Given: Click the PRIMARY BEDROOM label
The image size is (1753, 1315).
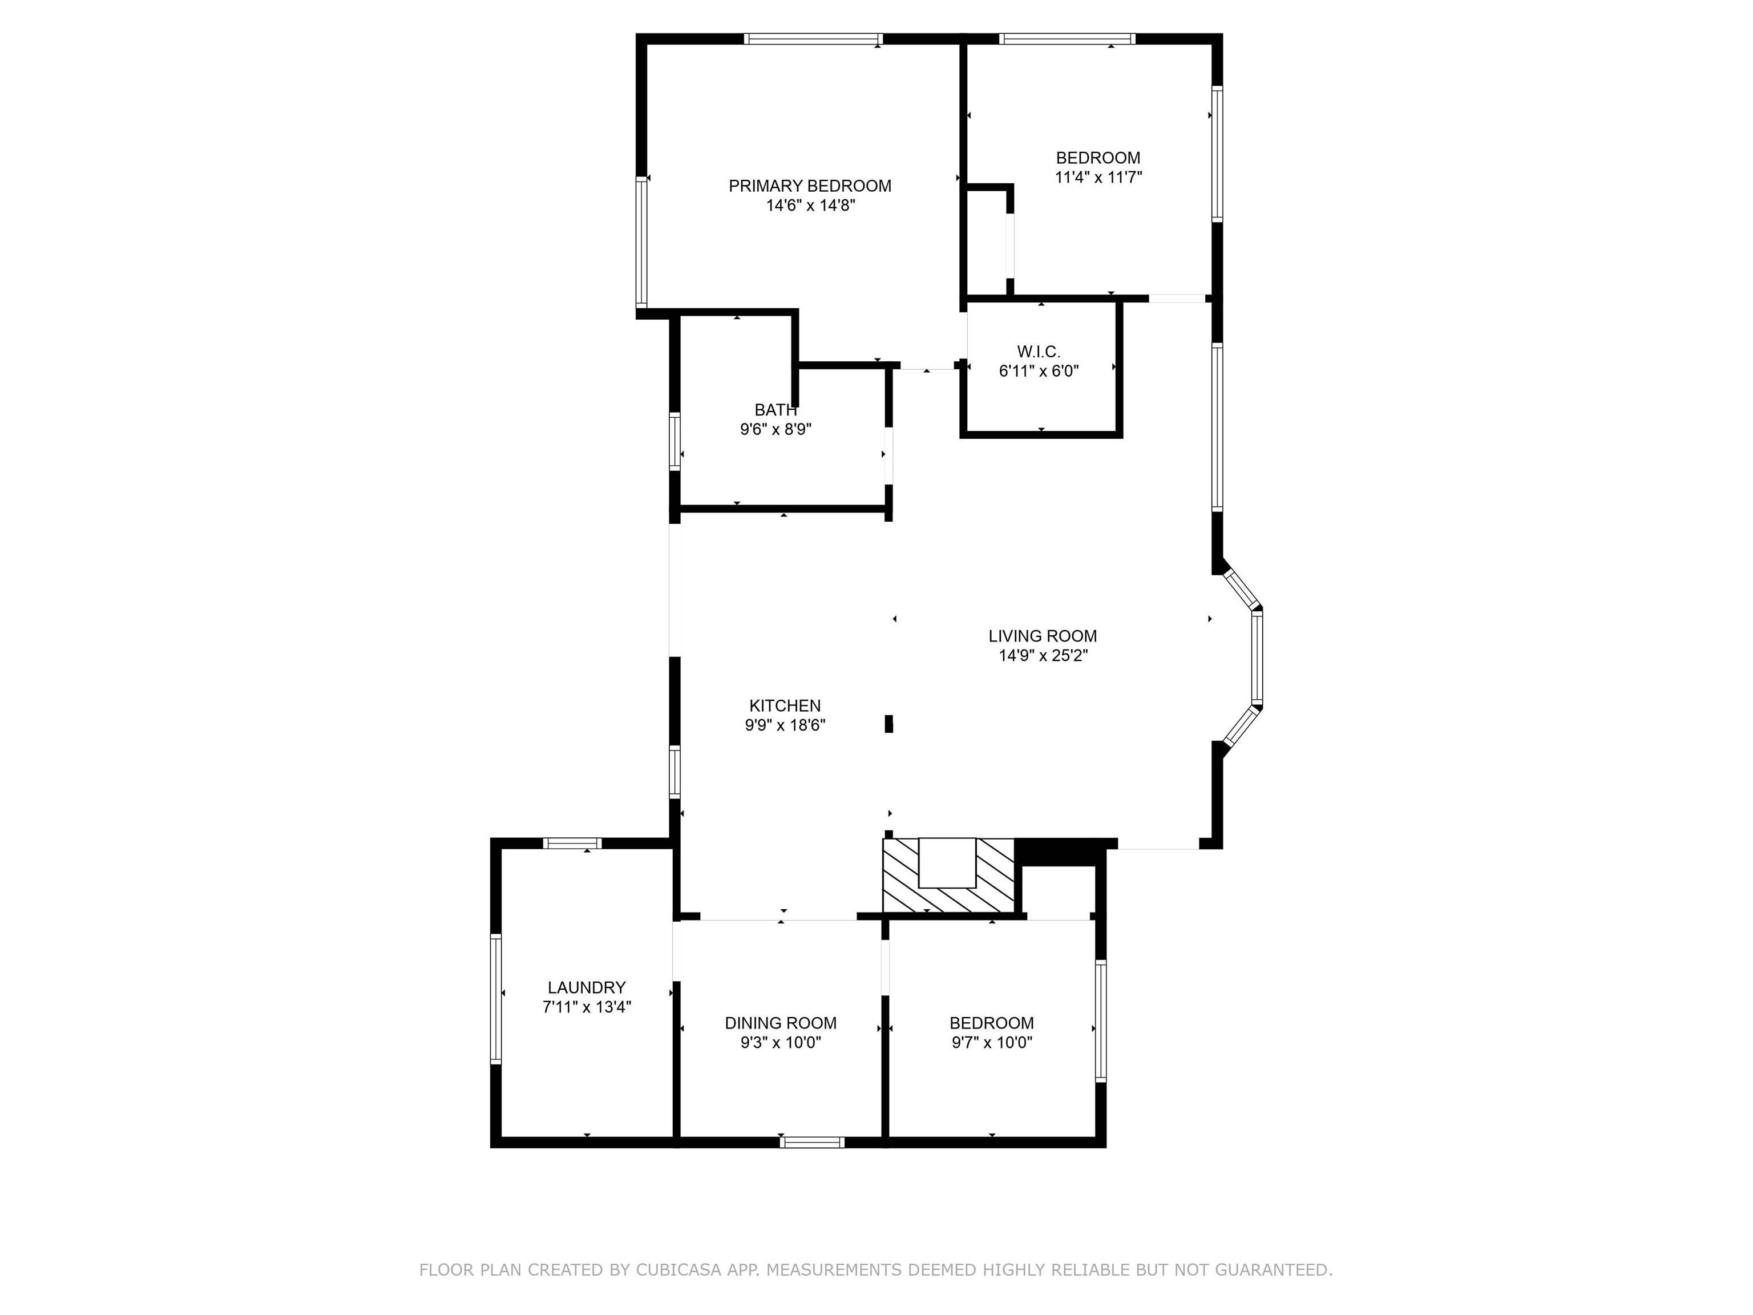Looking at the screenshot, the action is point(810,186).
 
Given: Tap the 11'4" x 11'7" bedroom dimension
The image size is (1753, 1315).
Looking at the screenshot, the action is point(1098,178).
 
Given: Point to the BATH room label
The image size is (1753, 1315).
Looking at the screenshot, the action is point(776,410).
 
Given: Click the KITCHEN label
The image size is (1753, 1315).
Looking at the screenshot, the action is point(785,705).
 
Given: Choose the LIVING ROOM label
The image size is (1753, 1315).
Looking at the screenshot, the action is point(1043,636).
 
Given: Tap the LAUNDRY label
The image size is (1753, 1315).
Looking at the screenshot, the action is point(587,987).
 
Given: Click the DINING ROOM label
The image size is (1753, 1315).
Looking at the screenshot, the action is point(781,1023).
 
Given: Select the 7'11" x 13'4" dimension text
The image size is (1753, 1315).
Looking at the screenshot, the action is point(587,1007).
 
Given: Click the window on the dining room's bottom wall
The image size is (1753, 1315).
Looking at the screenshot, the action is point(813,1142).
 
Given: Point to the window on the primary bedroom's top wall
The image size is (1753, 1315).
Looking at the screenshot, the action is point(813,39).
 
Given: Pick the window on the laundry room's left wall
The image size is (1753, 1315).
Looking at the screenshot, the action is point(496,999).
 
